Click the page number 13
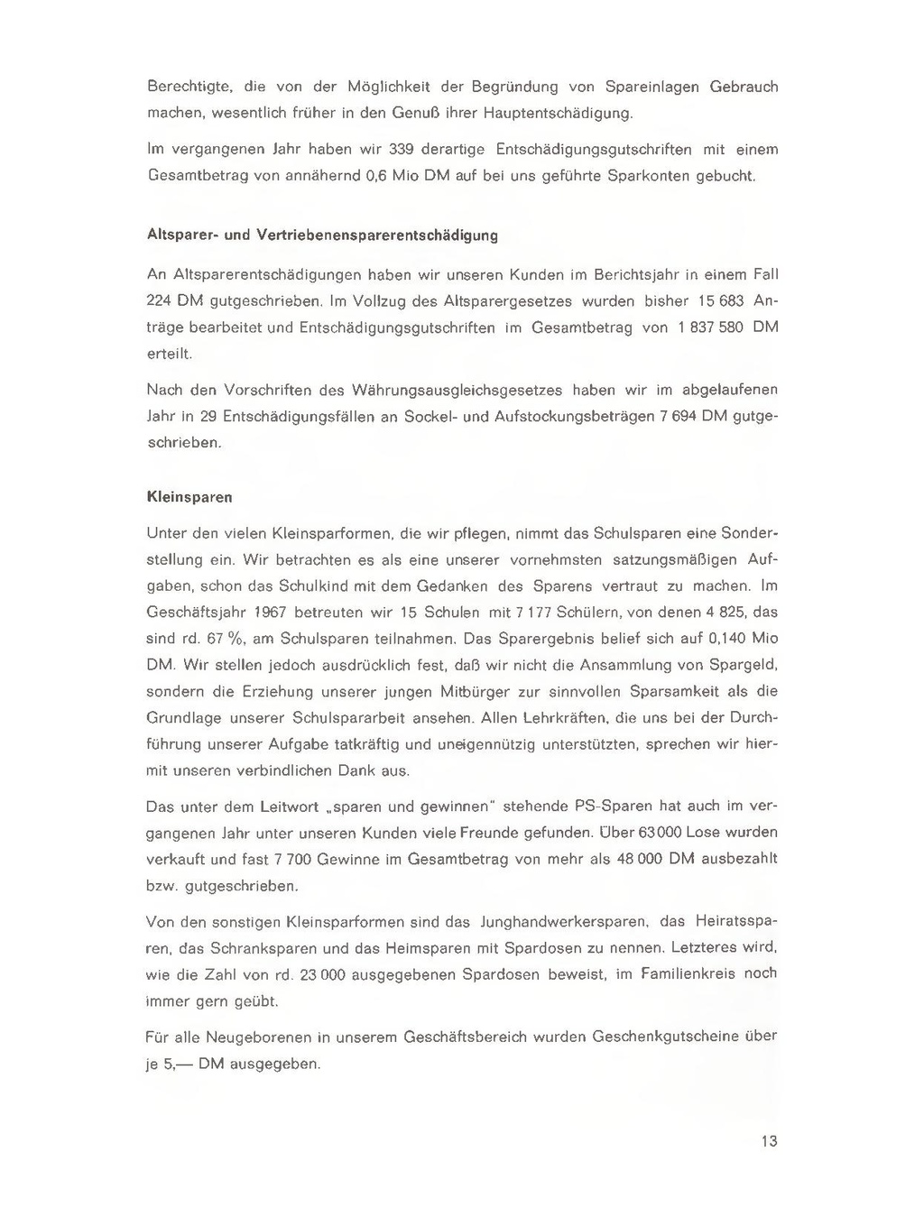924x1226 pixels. click(x=769, y=1141)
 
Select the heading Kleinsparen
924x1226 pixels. click(x=189, y=497)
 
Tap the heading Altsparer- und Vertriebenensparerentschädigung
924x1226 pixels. click(x=322, y=235)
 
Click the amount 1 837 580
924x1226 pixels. click(x=710, y=327)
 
